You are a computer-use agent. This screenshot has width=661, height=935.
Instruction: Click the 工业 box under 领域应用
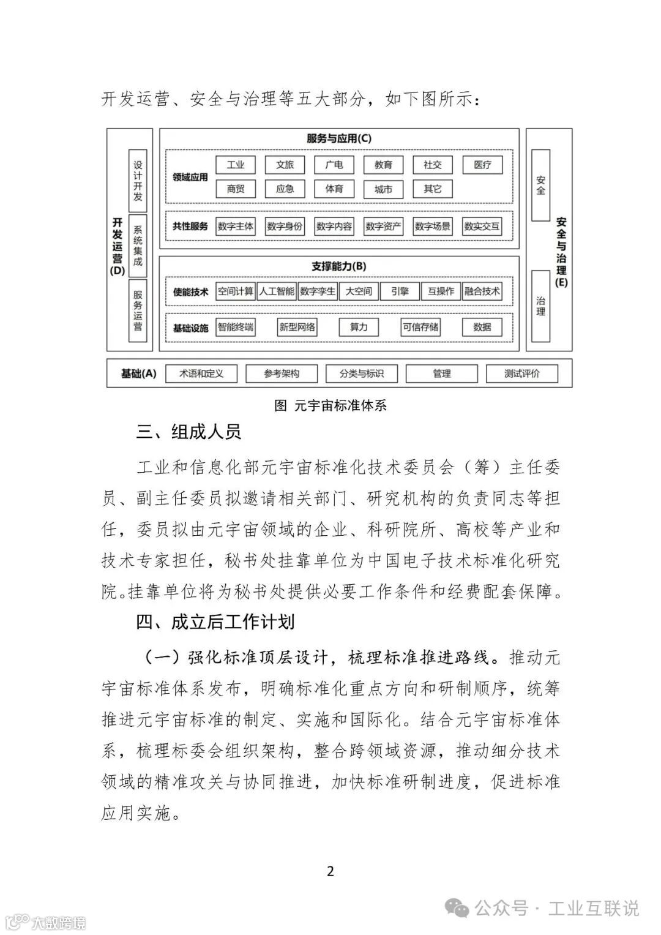(236, 165)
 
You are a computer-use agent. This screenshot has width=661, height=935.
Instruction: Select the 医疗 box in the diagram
(482, 165)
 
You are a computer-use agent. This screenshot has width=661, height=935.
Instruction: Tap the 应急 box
(285, 189)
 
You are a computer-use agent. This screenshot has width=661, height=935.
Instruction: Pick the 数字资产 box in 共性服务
(383, 227)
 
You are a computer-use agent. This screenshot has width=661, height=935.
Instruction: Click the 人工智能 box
(277, 291)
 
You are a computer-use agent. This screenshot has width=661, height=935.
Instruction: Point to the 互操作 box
(441, 291)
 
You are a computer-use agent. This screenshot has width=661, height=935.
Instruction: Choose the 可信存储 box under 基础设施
(420, 327)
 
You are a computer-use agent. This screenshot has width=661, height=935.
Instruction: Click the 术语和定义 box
(201, 374)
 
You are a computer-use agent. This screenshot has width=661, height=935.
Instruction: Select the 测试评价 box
(522, 374)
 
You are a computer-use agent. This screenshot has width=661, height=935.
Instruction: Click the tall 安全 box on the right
(540, 186)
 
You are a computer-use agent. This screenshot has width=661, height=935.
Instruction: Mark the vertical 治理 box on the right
(540, 306)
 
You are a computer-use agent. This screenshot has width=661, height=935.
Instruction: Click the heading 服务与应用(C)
(339, 138)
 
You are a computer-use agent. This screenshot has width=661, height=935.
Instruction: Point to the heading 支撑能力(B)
(339, 266)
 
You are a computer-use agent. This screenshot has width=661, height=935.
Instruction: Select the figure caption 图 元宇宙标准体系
(330, 405)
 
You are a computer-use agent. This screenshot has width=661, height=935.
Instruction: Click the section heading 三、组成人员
(189, 432)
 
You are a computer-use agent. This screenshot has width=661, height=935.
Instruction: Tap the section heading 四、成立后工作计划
(215, 622)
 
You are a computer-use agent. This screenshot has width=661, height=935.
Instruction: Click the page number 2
(330, 871)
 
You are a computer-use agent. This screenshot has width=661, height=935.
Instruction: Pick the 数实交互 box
(482, 227)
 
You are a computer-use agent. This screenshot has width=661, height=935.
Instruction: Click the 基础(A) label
(139, 374)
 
